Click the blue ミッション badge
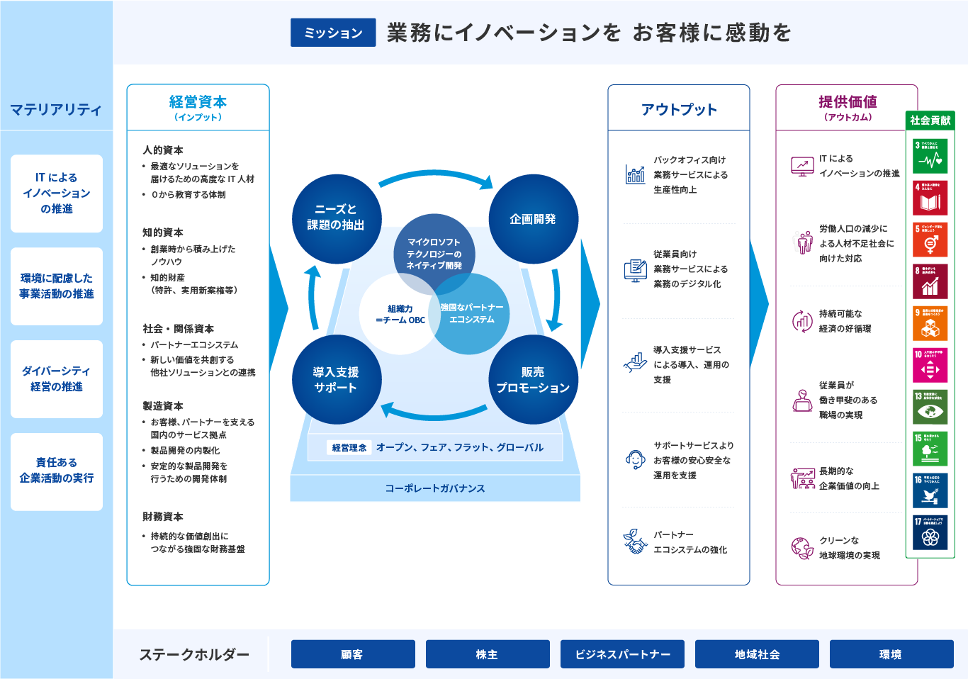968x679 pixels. (333, 33)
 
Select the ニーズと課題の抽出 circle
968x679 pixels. (337, 218)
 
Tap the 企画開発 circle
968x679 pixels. (533, 219)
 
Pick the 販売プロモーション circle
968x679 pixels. (533, 380)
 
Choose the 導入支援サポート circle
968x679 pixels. (337, 380)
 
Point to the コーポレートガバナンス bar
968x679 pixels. (435, 488)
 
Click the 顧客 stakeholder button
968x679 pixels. (353, 654)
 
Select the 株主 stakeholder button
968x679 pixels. (488, 654)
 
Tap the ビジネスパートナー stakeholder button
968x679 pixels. (622, 654)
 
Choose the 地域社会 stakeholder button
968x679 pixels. (757, 654)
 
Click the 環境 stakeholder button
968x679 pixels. (891, 654)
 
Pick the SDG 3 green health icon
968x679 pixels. (930, 156)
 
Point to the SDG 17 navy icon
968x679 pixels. (930, 532)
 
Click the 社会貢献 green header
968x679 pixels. (930, 120)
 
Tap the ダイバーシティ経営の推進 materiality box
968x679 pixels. (57, 379)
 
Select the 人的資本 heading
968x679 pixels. (163, 150)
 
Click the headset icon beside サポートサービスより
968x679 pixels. (635, 460)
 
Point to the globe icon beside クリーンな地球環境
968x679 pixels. (802, 548)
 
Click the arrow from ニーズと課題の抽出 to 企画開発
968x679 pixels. (435, 177)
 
